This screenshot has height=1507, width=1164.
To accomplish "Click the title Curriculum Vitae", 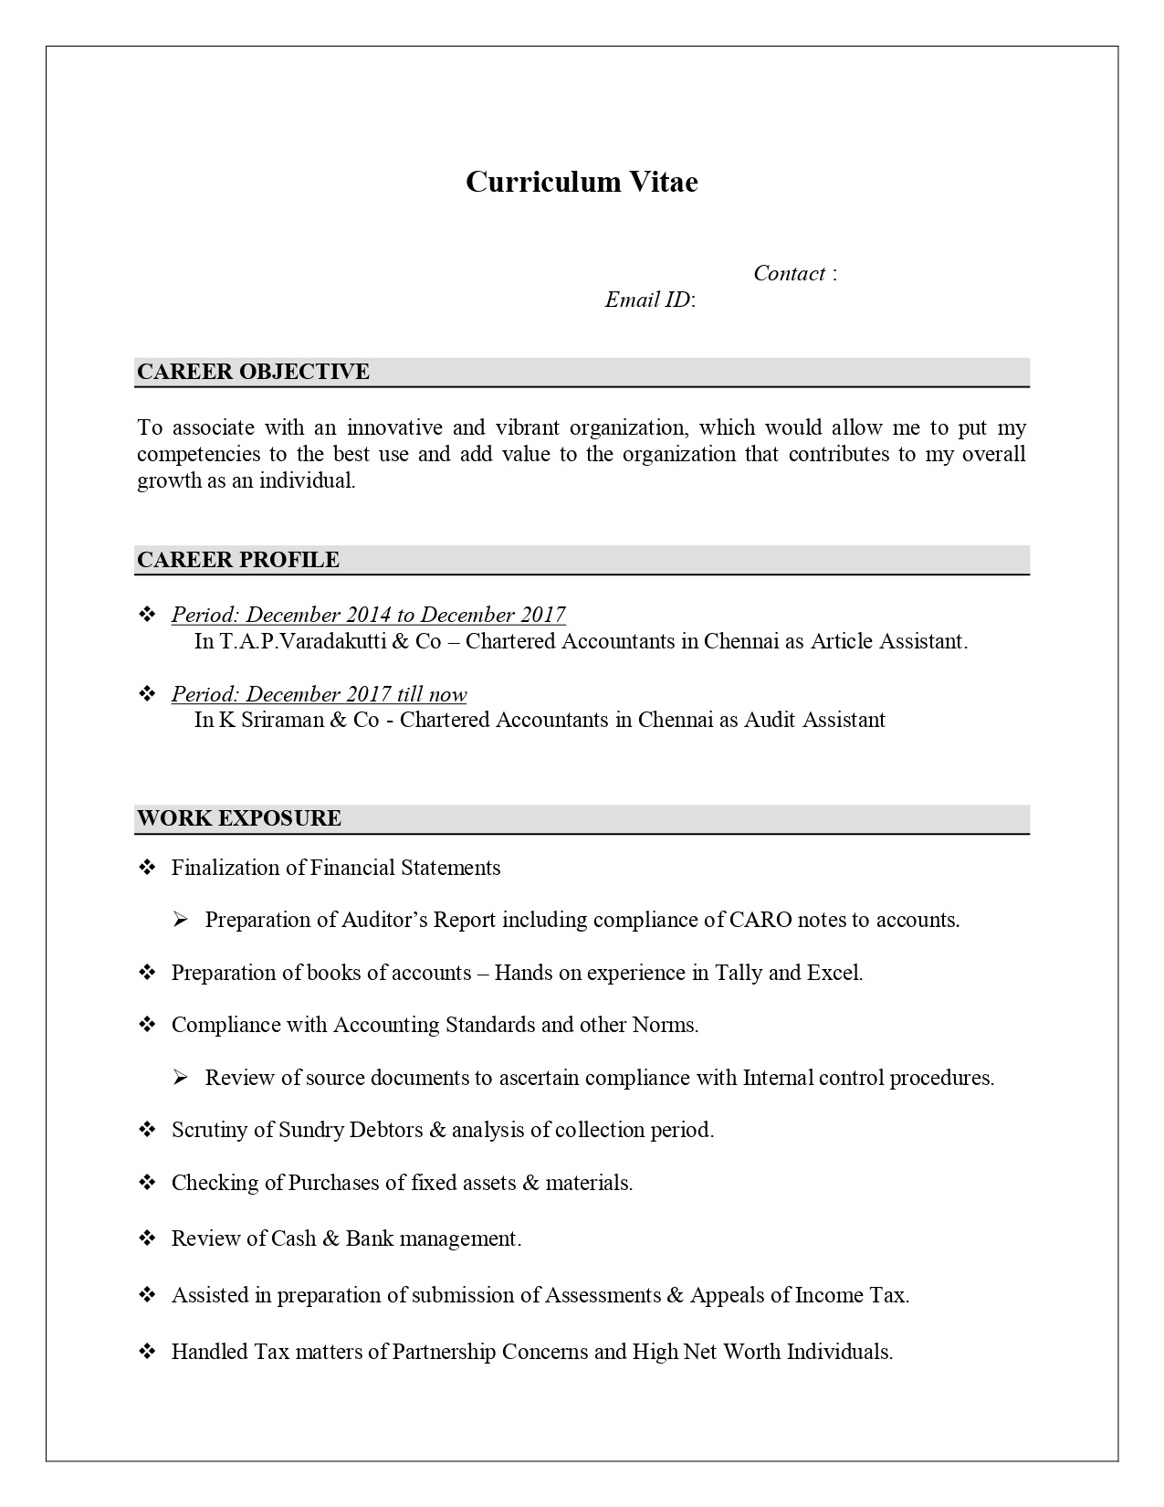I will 582,182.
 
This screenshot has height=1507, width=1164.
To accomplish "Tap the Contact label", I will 789,273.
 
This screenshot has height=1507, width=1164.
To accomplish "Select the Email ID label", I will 647,300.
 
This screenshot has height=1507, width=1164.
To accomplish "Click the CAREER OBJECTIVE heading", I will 253,372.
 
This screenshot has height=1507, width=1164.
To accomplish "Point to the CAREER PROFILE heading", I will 237,560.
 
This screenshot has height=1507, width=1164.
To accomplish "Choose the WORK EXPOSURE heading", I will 238,818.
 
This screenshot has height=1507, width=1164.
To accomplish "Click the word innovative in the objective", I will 394,427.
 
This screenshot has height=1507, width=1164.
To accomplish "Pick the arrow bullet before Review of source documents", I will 180,1078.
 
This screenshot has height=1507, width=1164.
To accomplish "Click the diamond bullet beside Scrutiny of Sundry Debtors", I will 146,1131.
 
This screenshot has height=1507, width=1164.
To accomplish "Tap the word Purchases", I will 332,1184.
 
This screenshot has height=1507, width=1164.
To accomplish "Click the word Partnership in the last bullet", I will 444,1352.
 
